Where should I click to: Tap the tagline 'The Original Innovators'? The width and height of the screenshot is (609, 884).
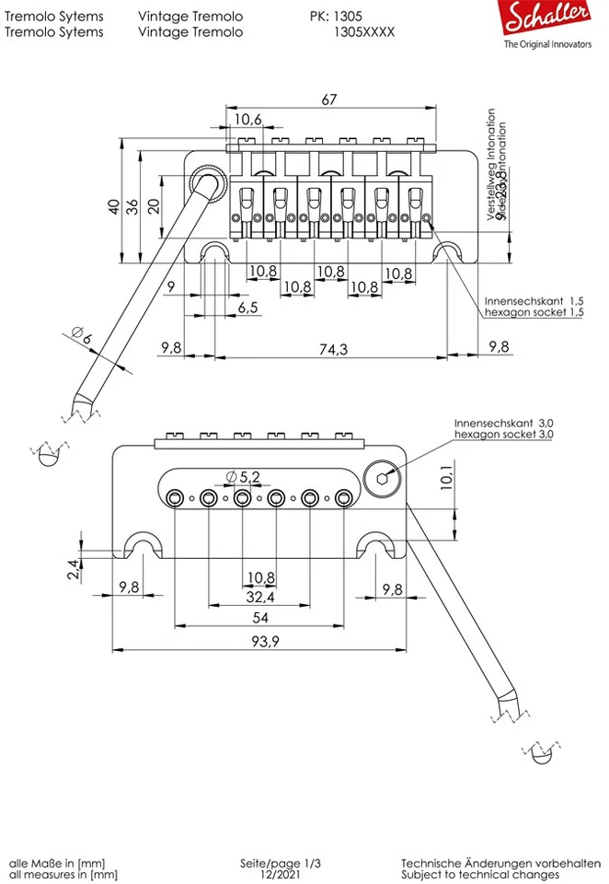[547, 44]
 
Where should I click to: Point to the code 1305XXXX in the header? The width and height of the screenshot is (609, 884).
[365, 31]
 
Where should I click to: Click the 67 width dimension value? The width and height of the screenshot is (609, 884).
[329, 99]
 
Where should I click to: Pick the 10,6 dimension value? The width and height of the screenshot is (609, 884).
[247, 119]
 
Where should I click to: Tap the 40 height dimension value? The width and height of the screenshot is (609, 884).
[113, 206]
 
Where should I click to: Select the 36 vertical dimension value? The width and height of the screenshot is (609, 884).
[133, 206]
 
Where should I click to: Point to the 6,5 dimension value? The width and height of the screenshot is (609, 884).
[247, 307]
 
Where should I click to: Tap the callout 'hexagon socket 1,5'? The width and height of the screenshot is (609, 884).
[534, 313]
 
